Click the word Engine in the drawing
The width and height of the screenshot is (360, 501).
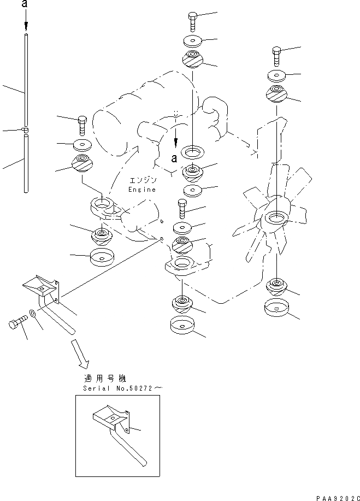pyautogui.click(x=142, y=190)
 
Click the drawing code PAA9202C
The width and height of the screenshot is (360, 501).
pyautogui.click(x=338, y=498)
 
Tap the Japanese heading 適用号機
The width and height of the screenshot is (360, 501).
pyautogui.click(x=105, y=379)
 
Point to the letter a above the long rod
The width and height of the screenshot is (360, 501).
pyautogui.click(x=25, y=4)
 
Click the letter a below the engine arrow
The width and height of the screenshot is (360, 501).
pyautogui.click(x=174, y=158)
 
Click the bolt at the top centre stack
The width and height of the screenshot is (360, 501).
pyautogui.click(x=193, y=22)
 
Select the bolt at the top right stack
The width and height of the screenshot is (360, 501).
pyautogui.click(x=276, y=56)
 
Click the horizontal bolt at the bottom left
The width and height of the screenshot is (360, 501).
pyautogui.click(x=18, y=322)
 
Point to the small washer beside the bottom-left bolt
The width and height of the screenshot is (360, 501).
pyautogui.click(x=32, y=313)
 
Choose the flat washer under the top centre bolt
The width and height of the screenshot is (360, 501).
pyautogui.click(x=193, y=41)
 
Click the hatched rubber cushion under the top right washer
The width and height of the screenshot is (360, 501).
pyautogui.click(x=276, y=94)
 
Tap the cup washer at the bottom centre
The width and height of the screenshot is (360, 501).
pyautogui.click(x=182, y=325)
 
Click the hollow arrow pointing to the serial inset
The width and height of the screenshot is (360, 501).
pyautogui.click(x=80, y=353)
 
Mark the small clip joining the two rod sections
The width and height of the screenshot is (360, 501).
pyautogui.click(x=25, y=129)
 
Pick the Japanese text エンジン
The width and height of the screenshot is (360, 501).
pyautogui.click(x=143, y=180)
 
